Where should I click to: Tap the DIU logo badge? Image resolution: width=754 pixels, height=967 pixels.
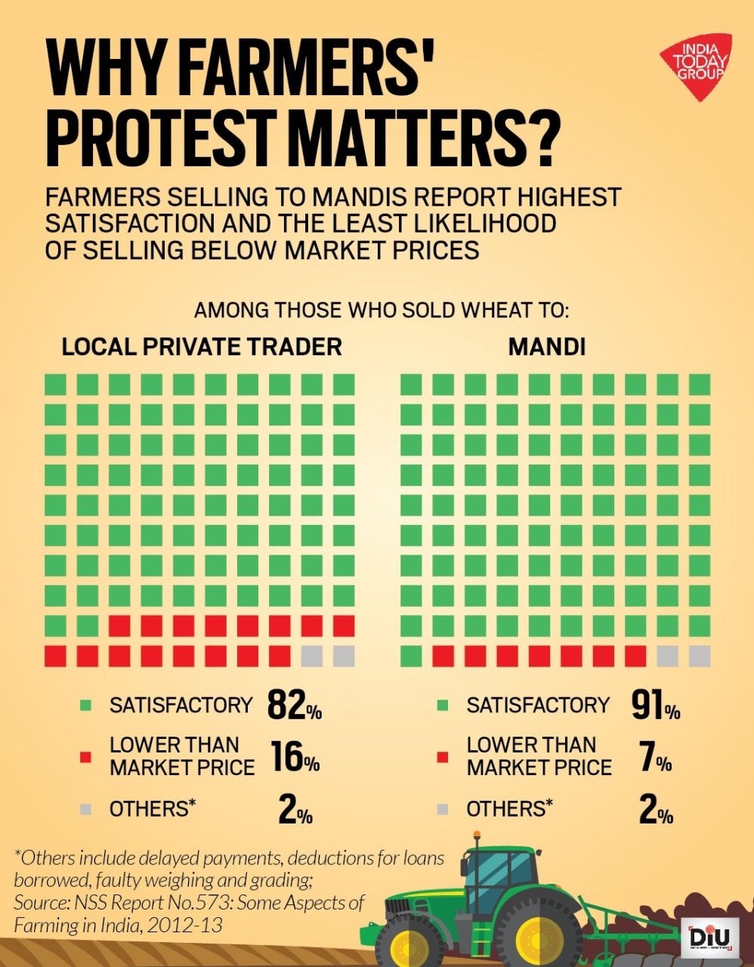tap(711, 937)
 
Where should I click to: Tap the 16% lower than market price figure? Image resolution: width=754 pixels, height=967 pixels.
tap(295, 757)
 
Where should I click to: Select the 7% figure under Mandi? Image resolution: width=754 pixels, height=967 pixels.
tap(654, 757)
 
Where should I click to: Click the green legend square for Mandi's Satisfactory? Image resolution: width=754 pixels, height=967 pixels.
tap(443, 706)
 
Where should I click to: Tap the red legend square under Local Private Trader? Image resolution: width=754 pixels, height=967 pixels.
tap(85, 757)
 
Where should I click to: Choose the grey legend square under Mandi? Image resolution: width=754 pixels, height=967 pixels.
tap(443, 809)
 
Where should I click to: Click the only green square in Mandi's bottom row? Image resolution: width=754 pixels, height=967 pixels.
tap(411, 656)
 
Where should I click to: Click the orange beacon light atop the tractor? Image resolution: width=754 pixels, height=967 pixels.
tap(476, 836)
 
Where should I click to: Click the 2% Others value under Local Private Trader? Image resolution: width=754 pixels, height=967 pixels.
tap(295, 810)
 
